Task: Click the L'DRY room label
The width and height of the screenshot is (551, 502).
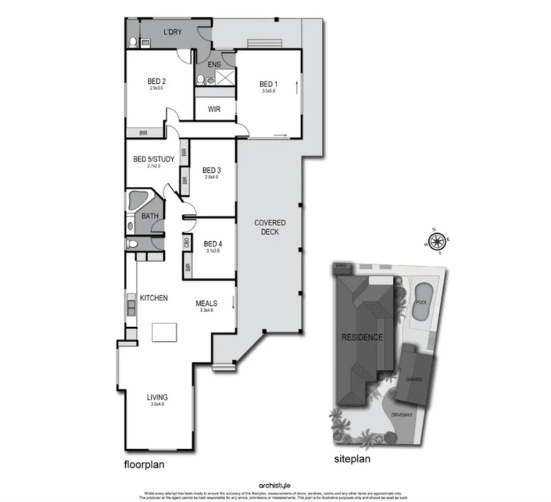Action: [x=172, y=32]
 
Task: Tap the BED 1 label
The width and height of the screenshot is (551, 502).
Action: [x=268, y=84]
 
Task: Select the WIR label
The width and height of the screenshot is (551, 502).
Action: [x=214, y=110]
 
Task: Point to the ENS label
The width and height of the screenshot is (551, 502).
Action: [x=214, y=65]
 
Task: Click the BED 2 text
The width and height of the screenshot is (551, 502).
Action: [x=156, y=81]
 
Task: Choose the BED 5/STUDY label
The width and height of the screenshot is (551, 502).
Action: [x=154, y=159]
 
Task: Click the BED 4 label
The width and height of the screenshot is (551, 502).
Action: [x=213, y=244]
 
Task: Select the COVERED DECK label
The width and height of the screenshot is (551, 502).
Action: [x=270, y=227]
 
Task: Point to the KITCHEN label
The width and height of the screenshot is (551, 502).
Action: [x=154, y=298]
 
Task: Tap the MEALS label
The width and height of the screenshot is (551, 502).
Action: [x=206, y=304]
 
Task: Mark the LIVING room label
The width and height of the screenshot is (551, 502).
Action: [x=157, y=397]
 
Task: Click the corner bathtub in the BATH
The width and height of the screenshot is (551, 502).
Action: [x=137, y=201]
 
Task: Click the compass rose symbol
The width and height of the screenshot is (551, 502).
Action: [x=436, y=241]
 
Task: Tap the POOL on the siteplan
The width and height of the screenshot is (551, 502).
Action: [x=422, y=302]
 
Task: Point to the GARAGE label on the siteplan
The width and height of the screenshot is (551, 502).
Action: [x=414, y=379]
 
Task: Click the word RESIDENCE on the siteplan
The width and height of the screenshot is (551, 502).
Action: [x=362, y=337]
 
